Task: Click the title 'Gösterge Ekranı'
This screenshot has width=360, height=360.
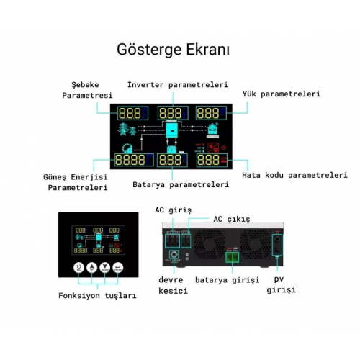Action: (173, 50)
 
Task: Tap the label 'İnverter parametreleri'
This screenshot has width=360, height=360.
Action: (178, 85)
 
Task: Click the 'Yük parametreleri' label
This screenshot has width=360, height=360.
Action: (281, 94)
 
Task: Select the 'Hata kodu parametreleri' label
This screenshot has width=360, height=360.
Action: (294, 175)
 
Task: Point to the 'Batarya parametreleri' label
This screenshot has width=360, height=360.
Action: (181, 184)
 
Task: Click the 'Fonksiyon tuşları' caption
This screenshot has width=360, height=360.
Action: (97, 295)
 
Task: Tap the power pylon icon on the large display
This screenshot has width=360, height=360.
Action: (127, 130)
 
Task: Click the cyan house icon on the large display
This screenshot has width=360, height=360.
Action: (213, 129)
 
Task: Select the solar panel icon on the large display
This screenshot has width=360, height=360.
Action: (127, 148)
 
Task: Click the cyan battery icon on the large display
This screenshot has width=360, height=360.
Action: (172, 150)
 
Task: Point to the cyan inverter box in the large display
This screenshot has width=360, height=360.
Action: (172, 130)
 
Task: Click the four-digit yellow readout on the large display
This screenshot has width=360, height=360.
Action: (130, 160)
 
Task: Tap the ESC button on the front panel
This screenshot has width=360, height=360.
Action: (78, 267)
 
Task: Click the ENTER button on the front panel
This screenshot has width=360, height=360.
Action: (117, 267)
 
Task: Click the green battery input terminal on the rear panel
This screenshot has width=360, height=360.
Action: (232, 257)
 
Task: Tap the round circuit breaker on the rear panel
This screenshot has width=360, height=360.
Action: (174, 255)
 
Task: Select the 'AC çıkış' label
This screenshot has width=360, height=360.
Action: (232, 219)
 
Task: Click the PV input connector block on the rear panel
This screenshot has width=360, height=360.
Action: (277, 245)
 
